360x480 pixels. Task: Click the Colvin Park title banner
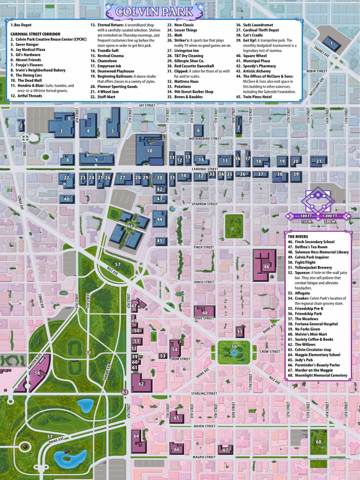[x=180, y=11]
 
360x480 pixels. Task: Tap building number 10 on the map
[x=150, y=150]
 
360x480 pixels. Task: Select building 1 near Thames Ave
[x=332, y=43]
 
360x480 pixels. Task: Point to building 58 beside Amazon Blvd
[x=37, y=373]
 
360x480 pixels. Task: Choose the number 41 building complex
[x=129, y=227]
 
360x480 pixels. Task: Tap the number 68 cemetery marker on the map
[x=319, y=442]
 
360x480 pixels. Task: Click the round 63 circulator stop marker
[x=125, y=392]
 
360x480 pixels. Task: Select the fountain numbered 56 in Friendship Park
[x=234, y=347]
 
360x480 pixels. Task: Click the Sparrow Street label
[x=204, y=204]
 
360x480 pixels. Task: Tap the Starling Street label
[x=204, y=393]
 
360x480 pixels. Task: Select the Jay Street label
[x=147, y=105]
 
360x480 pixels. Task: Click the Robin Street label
[x=316, y=71]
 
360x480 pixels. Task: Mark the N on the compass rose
[x=318, y=195]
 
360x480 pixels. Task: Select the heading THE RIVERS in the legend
[x=298, y=237]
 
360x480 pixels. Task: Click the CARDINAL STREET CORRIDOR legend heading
[x=36, y=34]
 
